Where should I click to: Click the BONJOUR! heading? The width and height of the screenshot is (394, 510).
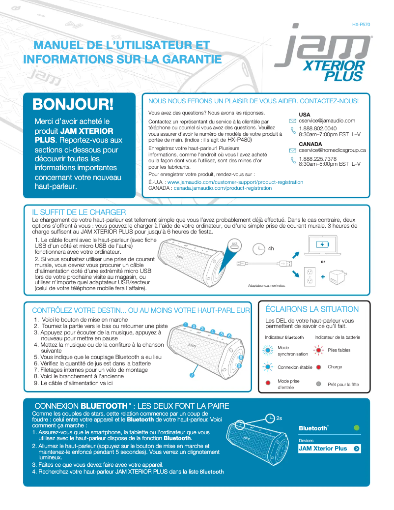click(x=73, y=104)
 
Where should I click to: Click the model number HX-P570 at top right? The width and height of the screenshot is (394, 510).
click(x=361, y=24)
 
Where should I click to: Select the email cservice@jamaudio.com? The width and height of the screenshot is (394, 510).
click(x=327, y=120)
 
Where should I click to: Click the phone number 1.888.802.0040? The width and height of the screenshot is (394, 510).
click(x=317, y=128)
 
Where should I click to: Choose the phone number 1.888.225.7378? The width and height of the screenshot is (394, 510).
click(x=317, y=159)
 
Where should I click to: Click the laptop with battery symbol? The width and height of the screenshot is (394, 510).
click(x=323, y=244)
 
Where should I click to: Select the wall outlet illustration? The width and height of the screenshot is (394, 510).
click(x=310, y=276)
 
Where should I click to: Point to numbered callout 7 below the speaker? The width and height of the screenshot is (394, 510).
click(x=192, y=376)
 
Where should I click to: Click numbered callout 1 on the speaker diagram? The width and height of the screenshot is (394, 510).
click(x=186, y=325)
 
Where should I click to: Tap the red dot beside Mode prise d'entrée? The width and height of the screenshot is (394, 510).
click(x=268, y=383)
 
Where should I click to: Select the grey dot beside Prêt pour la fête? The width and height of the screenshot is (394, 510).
click(x=318, y=384)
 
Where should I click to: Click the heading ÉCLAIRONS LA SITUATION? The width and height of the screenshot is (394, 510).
click(x=311, y=309)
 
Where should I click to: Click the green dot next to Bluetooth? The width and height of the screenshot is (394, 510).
click(x=357, y=428)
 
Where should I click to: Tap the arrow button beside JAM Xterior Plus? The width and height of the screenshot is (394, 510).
click(x=356, y=449)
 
